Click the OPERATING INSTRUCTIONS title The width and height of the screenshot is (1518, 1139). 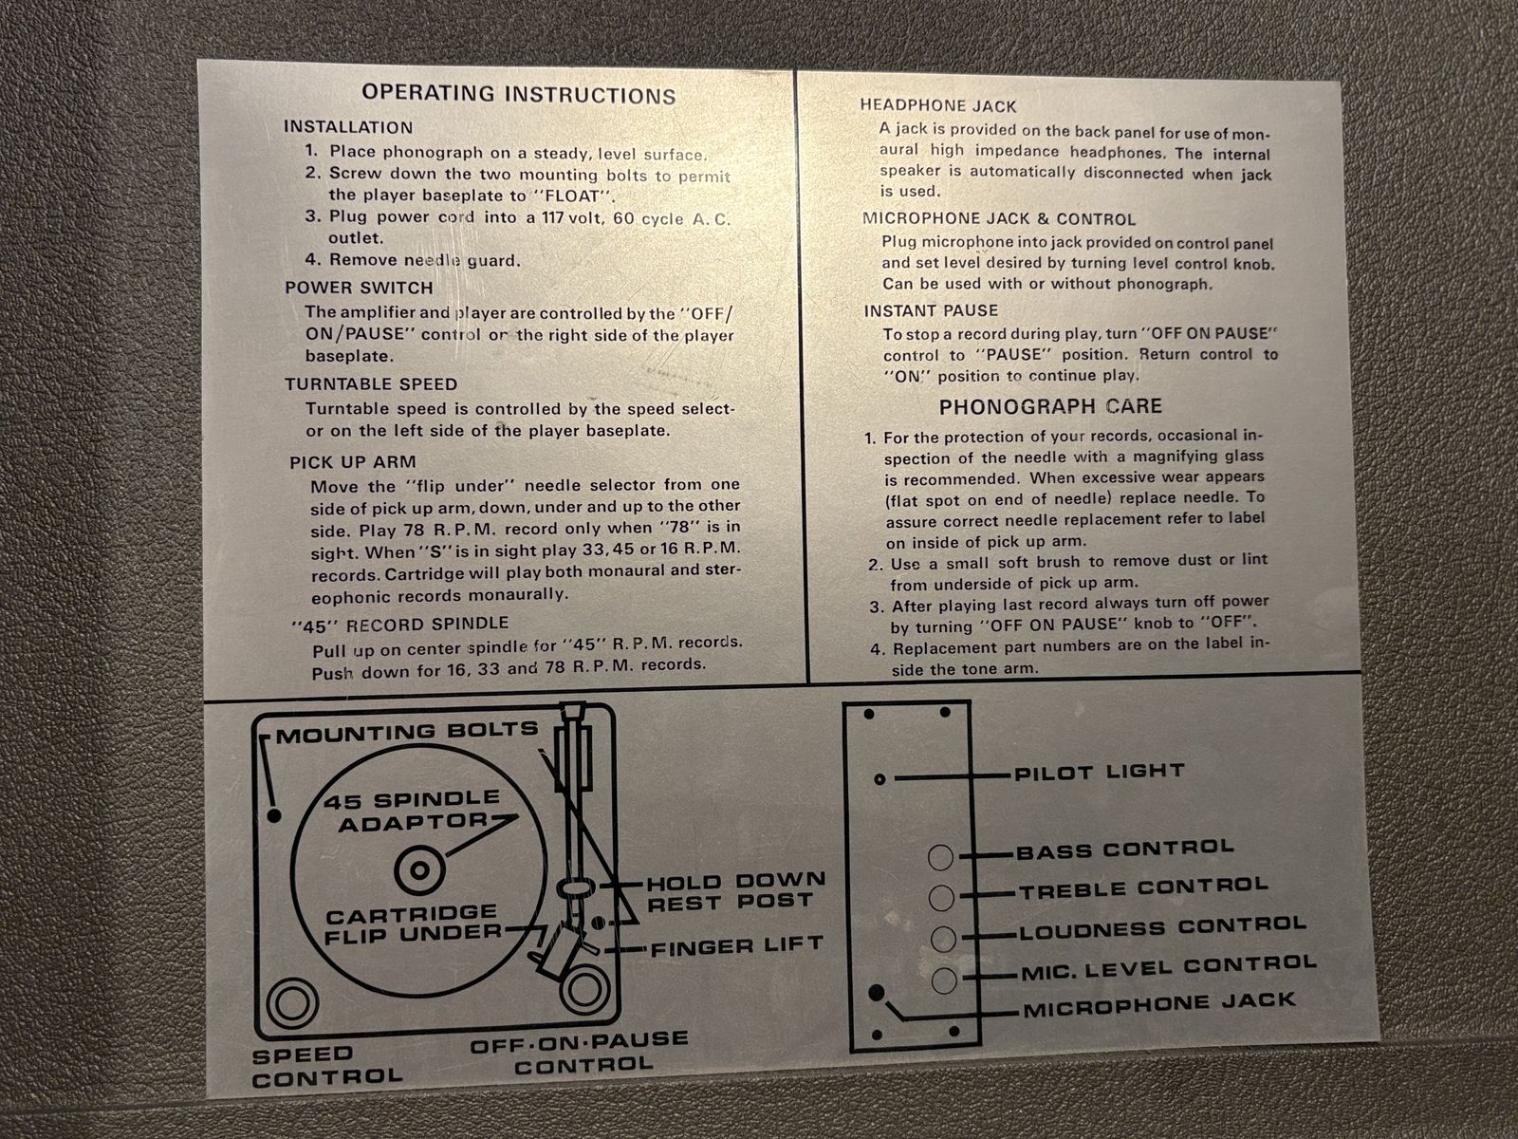(x=519, y=94)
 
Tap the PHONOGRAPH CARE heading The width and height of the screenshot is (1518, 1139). (x=1050, y=406)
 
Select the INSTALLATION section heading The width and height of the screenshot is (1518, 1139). (x=348, y=127)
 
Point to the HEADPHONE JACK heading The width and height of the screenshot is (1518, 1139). (x=937, y=105)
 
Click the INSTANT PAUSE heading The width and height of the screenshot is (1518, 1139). (x=931, y=311)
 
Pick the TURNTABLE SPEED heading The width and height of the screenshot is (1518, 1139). (x=371, y=383)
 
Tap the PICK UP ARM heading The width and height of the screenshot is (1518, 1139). (x=353, y=462)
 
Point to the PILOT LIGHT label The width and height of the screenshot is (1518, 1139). (x=1100, y=771)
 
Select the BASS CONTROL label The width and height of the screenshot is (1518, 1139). (x=1125, y=850)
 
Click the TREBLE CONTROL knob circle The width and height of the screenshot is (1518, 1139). (x=941, y=898)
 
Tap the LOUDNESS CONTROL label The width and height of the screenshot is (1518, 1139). (x=1163, y=927)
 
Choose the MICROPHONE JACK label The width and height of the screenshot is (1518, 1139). (x=1159, y=1005)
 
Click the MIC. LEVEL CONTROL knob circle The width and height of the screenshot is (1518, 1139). (x=944, y=980)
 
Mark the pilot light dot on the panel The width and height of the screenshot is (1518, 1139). (x=879, y=779)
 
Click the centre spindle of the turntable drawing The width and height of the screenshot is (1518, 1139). (x=419, y=870)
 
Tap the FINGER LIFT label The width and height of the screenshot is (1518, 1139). (x=737, y=945)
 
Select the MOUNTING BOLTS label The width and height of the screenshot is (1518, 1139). (x=407, y=732)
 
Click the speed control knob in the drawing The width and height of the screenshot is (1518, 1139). (x=292, y=1002)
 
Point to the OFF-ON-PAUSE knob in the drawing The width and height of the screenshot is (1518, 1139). (x=585, y=990)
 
